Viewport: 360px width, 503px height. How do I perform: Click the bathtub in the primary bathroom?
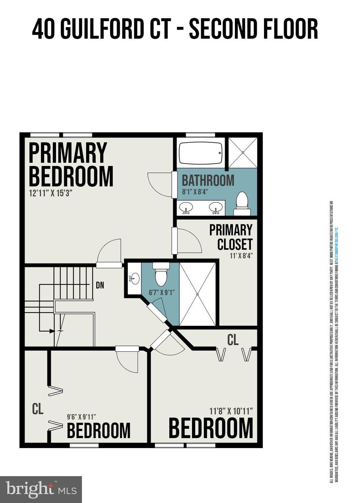[x=200, y=153]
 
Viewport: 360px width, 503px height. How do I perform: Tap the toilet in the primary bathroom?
[x=242, y=204]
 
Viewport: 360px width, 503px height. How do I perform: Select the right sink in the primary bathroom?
[x=216, y=208]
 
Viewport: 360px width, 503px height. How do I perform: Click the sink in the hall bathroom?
[x=134, y=279]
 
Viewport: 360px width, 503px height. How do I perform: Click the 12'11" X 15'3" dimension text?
[x=50, y=193]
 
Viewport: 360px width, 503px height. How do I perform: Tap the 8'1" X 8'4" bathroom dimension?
[x=195, y=192]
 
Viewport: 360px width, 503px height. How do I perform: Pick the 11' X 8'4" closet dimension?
[x=241, y=255]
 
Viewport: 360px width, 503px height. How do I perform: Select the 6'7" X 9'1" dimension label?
[x=162, y=292]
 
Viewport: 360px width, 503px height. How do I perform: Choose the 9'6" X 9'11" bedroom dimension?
[x=81, y=417]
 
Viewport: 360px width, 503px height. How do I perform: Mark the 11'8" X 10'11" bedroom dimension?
[x=231, y=411]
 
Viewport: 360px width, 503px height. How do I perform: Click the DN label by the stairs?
[x=100, y=285]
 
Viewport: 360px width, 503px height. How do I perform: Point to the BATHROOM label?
[x=208, y=180]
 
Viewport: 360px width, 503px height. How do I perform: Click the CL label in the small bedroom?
[x=38, y=409]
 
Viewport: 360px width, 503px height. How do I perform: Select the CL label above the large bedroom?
[x=233, y=340]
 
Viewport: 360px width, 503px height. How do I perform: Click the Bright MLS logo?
[x=41, y=489]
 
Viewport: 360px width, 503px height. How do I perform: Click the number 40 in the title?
[x=43, y=29]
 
